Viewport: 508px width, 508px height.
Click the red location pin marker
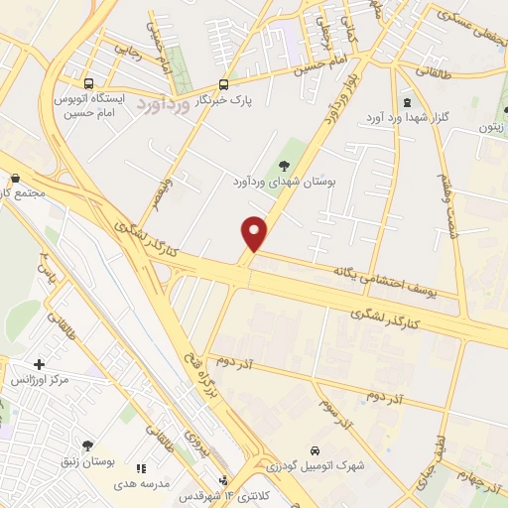point(256,233)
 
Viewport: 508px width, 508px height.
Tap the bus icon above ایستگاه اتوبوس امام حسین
point(90,84)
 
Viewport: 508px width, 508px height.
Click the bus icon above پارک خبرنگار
point(223,84)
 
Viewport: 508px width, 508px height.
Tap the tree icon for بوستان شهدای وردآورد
point(286,166)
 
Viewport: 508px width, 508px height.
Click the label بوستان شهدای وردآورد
point(287,183)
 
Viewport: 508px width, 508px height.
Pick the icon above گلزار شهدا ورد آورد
point(406,102)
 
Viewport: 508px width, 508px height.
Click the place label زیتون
point(492,126)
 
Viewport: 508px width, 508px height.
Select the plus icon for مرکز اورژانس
point(39,364)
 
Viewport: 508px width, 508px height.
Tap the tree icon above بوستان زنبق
point(87,446)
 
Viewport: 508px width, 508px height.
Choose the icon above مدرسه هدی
point(141,468)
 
